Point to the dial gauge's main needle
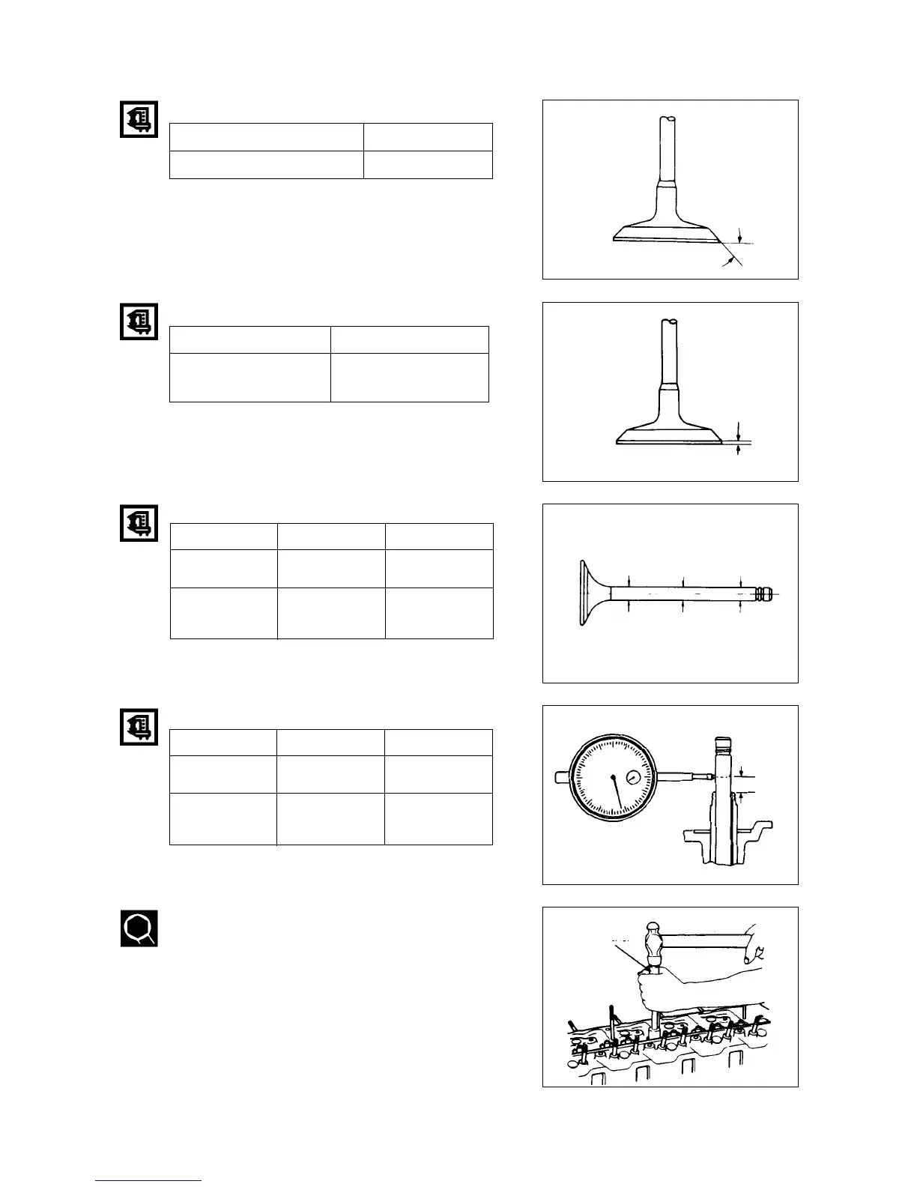tap(617, 794)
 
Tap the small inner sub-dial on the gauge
tap(634, 777)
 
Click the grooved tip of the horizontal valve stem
tap(762, 593)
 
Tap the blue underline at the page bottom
tap(148, 1180)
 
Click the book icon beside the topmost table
tap(139, 119)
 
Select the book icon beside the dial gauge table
tap(139, 726)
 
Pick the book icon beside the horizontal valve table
tap(139, 523)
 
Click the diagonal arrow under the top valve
tap(727, 260)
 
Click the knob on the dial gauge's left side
tap(560, 776)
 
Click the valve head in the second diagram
tap(669, 435)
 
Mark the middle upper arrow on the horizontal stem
tap(683, 581)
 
